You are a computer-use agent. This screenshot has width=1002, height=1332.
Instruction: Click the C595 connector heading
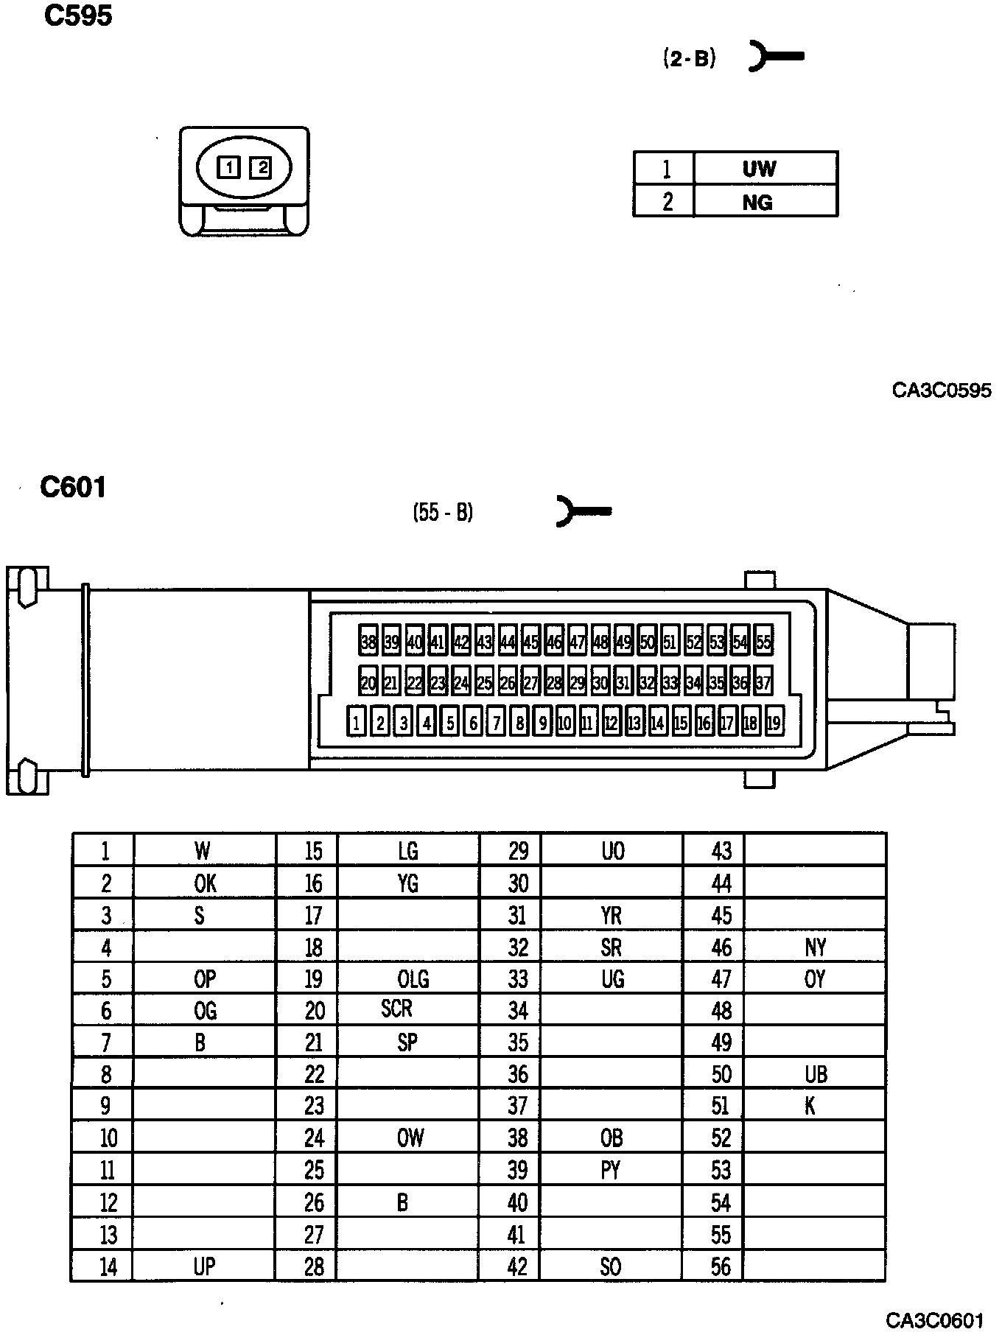(x=78, y=15)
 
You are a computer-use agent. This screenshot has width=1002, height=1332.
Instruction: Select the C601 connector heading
(x=73, y=487)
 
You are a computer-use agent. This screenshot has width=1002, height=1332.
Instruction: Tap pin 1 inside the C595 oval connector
(x=229, y=168)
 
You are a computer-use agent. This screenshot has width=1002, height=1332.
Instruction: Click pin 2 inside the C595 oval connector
(x=260, y=168)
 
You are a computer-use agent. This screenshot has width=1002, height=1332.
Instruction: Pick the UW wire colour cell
(x=759, y=169)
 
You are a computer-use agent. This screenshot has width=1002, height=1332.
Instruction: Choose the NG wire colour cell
(x=757, y=201)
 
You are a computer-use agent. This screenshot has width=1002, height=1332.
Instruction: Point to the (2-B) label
(x=689, y=59)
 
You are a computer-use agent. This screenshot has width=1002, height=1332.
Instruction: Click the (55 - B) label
(x=443, y=512)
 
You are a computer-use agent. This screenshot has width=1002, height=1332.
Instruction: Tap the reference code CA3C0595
(x=941, y=390)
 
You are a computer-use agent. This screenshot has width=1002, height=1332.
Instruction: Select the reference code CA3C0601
(x=934, y=1319)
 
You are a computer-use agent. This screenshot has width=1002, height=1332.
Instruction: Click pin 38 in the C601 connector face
(x=368, y=642)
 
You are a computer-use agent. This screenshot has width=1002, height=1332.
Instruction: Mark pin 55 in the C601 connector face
(x=763, y=642)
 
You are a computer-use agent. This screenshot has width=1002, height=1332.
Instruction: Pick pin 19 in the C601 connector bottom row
(x=773, y=723)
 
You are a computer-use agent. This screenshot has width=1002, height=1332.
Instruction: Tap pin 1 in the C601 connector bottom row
(x=357, y=723)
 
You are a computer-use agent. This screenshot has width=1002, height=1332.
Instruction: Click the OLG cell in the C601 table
(x=413, y=979)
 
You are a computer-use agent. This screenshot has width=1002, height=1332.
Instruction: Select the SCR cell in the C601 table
(x=396, y=1009)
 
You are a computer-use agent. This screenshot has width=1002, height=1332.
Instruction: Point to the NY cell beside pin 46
(x=816, y=947)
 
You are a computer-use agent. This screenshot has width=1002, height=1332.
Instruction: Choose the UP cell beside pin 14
(x=204, y=1266)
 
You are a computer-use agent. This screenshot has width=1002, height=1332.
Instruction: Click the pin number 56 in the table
(x=721, y=1266)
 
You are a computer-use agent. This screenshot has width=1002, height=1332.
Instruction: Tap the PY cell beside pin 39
(x=611, y=1170)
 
